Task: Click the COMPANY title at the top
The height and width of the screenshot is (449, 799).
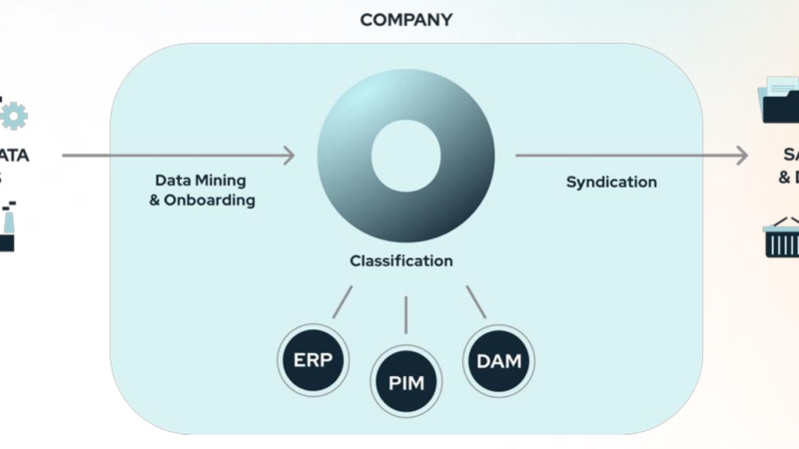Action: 405,20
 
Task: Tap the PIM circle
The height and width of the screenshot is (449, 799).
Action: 405,380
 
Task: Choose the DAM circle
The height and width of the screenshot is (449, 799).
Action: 499,360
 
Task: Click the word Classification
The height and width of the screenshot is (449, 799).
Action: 400,261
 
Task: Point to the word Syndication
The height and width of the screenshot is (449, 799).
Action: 611,183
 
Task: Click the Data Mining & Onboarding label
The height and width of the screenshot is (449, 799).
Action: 205,191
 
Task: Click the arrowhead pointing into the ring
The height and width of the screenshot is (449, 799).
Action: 288,156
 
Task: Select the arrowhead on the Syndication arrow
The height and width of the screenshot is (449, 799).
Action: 740,156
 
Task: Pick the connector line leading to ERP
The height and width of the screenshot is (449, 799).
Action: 343,302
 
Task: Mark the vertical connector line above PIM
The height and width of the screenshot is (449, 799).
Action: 405,314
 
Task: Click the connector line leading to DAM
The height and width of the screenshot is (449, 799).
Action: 475,302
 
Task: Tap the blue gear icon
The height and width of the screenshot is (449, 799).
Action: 14,117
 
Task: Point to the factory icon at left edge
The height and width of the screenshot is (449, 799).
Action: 7,227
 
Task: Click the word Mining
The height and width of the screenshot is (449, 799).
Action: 221,182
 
